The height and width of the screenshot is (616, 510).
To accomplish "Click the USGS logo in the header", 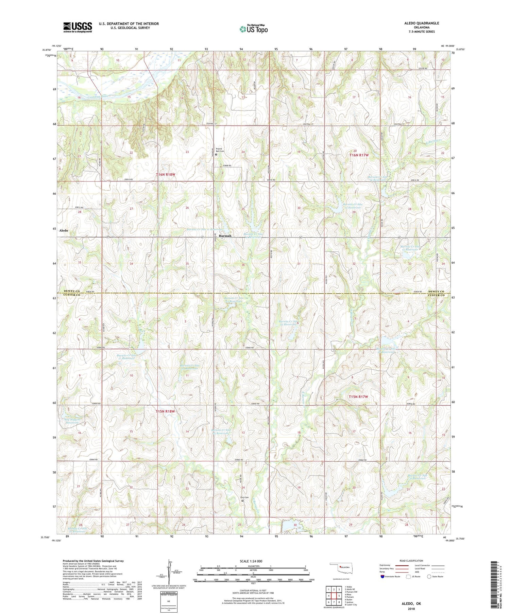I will click(x=78, y=27).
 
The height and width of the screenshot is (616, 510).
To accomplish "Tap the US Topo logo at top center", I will click(x=254, y=29).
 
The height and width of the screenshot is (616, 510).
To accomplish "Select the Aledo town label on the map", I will click(x=64, y=230).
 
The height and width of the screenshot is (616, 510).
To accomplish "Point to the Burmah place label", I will click(x=225, y=236).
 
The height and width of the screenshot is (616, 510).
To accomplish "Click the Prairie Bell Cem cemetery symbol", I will click(x=216, y=154).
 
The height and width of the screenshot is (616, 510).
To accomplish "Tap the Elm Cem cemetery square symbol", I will click(x=243, y=500).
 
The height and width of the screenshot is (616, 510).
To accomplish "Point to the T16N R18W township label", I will click(x=165, y=174).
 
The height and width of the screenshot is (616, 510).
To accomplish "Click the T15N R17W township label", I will click(x=358, y=397).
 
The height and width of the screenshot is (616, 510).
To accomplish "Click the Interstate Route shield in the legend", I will click(x=382, y=577).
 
